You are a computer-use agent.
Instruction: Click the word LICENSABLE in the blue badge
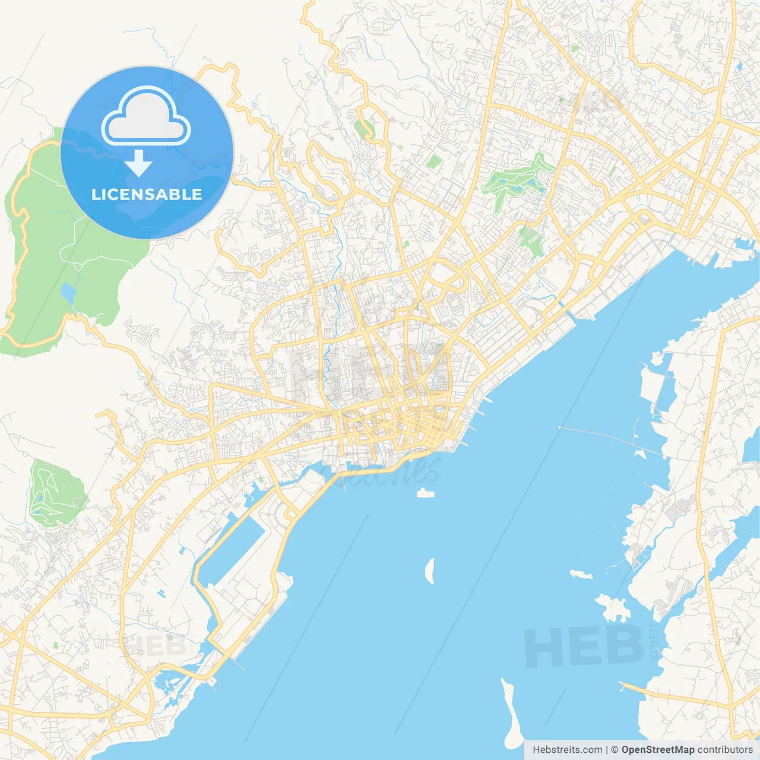pos(147,194)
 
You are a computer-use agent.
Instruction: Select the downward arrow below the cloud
pos(138,163)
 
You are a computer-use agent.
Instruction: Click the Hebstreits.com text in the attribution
pos(567,750)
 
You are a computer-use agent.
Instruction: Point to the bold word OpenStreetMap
pos(657,750)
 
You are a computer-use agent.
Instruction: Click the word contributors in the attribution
pos(725,750)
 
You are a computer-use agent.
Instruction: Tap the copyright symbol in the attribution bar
pos(615,750)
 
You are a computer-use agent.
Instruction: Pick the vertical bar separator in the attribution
pos(607,750)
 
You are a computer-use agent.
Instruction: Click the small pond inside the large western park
pos(68,293)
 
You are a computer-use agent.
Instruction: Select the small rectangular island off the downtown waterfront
pos(425,493)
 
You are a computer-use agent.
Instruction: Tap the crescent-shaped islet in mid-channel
pos(430,571)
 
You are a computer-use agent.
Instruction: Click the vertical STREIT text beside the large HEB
pos(654,641)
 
